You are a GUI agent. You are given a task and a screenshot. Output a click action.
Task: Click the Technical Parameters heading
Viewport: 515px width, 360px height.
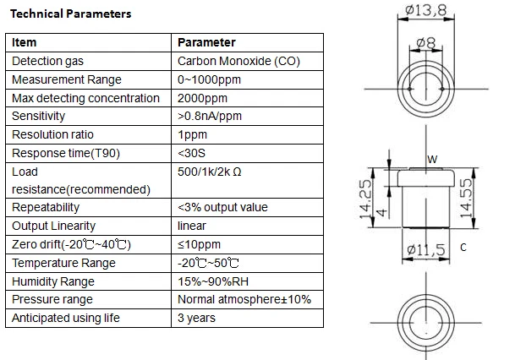(x=71, y=14)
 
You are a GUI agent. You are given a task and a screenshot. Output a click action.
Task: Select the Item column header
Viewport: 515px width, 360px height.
(x=24, y=42)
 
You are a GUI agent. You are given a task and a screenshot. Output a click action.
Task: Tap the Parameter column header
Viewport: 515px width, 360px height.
(x=206, y=42)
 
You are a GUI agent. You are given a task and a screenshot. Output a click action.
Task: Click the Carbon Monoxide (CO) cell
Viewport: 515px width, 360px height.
(x=238, y=61)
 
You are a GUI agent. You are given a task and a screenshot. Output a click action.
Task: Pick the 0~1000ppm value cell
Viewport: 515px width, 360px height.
(x=209, y=79)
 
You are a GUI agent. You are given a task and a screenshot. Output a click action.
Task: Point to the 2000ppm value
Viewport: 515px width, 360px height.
(x=202, y=98)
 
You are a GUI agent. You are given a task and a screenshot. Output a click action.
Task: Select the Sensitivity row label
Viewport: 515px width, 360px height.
(x=38, y=116)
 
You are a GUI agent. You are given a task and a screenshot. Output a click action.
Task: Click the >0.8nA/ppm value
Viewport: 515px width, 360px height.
(x=210, y=116)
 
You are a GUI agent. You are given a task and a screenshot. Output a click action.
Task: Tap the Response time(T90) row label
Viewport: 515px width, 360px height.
(x=66, y=153)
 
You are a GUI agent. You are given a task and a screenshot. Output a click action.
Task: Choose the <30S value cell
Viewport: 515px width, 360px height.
(x=191, y=153)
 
